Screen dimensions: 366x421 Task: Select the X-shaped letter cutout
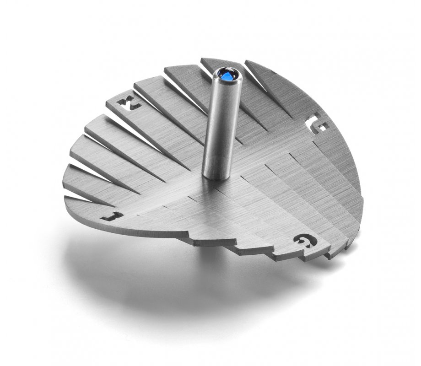[x=130, y=104]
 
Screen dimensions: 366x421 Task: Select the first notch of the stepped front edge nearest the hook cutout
[x=188, y=236]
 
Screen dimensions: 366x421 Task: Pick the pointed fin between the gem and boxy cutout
[x=270, y=87]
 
